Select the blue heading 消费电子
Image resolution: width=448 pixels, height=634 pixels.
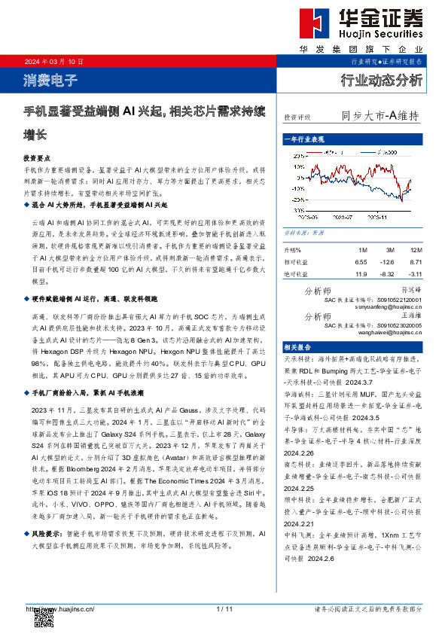click(x=46, y=78)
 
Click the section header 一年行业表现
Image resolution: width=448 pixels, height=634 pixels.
click(x=303, y=140)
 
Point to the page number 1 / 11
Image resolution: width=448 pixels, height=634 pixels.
click(x=224, y=608)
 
